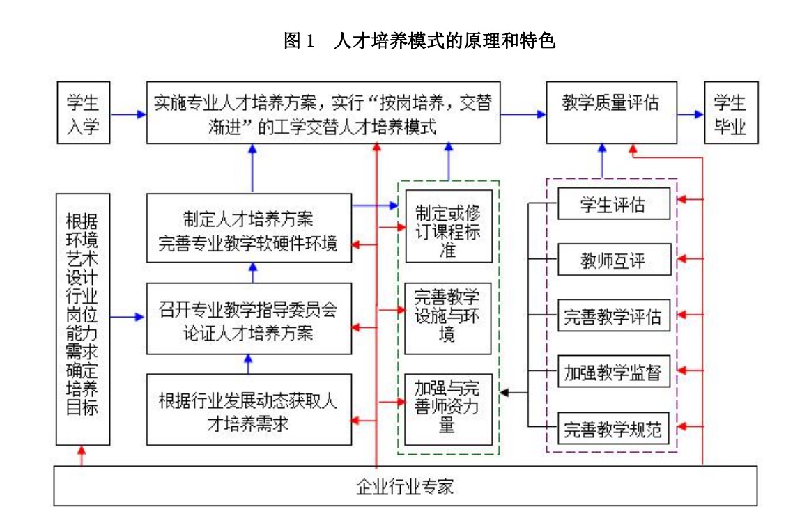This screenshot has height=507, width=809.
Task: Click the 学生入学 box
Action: pyautogui.click(x=83, y=112)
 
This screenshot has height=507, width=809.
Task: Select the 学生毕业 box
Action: pyautogui.click(x=731, y=112)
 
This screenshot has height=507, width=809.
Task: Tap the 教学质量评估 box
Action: pyautogui.click(x=611, y=112)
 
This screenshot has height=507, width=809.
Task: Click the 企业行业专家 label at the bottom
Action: pyautogui.click(x=405, y=486)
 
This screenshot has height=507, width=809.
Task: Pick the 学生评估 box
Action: pyautogui.click(x=613, y=204)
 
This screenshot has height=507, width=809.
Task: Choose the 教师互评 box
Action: pyautogui.click(x=613, y=260)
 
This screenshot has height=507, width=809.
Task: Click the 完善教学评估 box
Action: pyautogui.click(x=613, y=315)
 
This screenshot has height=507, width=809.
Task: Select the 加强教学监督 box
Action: pyautogui.click(x=613, y=370)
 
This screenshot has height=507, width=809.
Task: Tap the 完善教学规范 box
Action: pyautogui.click(x=613, y=428)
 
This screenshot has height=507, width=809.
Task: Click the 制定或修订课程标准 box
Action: pyautogui.click(x=448, y=226)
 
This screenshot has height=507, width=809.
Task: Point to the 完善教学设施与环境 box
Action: pyautogui.click(x=448, y=318)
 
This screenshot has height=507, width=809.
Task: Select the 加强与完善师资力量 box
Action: pyautogui.click(x=448, y=409)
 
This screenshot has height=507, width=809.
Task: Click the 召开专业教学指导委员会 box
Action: pyautogui.click(x=249, y=318)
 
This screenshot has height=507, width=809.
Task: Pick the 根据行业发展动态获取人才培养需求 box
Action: pyautogui.click(x=249, y=409)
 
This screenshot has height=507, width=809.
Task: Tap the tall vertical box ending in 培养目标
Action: pyautogui.click(x=83, y=319)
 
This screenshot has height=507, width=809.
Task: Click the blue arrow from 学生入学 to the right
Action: pyautogui.click(x=128, y=114)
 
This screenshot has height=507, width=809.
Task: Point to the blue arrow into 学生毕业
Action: pyautogui.click(x=691, y=114)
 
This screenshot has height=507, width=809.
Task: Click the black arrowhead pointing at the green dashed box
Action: pyautogui.click(x=505, y=393)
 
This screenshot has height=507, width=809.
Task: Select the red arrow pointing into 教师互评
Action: pyautogui.click(x=690, y=258)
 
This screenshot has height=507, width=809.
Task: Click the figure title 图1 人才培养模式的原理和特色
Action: pyautogui.click(x=419, y=40)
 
